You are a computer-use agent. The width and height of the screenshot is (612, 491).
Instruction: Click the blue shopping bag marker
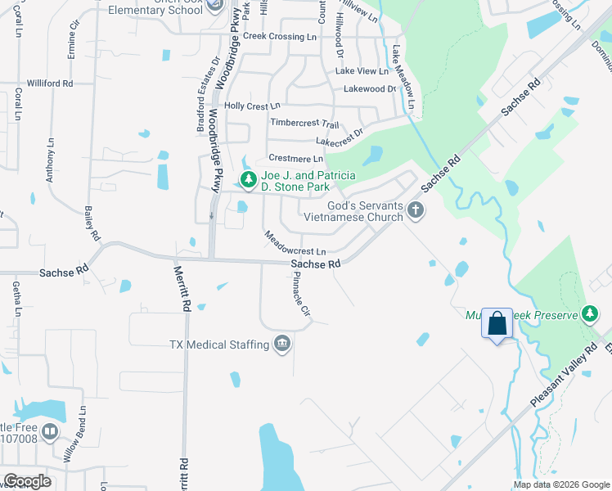[x=497, y=323]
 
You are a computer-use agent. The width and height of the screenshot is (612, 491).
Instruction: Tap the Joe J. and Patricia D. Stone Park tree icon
[x=248, y=179]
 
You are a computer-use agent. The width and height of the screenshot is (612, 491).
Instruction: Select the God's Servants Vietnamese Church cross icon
[x=415, y=210]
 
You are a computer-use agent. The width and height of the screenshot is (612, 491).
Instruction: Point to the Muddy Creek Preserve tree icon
[x=588, y=314]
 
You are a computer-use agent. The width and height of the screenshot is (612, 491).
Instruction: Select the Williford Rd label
[x=50, y=83]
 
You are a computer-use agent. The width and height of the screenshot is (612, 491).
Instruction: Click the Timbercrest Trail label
[x=304, y=124]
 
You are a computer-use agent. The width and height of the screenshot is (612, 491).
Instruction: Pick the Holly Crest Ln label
[x=252, y=106]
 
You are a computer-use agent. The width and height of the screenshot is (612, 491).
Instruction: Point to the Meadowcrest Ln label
[x=295, y=244]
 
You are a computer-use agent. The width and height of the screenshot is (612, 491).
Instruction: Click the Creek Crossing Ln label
[x=280, y=37]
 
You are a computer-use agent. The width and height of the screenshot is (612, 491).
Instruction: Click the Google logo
[x=26, y=481]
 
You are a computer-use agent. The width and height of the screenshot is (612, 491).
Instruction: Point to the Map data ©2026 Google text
[x=561, y=484]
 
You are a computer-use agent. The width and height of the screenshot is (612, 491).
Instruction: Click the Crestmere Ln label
[x=295, y=158]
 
